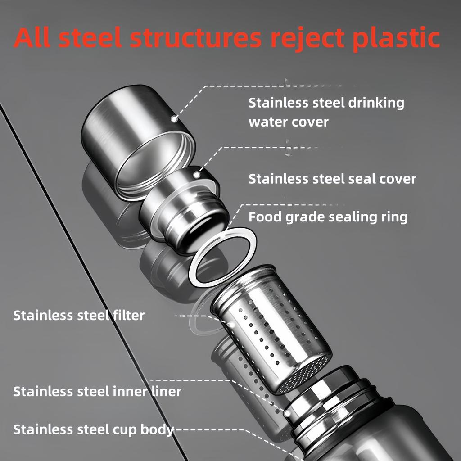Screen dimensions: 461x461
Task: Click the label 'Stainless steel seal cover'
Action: point(332,179)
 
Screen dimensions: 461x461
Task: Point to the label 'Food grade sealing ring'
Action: point(328,217)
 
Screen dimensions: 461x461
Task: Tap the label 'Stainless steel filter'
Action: point(79,315)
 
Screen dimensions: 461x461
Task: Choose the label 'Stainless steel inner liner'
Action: point(97,391)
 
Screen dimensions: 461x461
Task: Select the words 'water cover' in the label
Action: point(289,122)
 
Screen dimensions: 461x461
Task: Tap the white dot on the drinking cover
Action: point(173,118)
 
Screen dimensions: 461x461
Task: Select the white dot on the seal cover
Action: point(197,173)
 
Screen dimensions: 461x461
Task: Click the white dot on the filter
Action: point(231,323)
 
